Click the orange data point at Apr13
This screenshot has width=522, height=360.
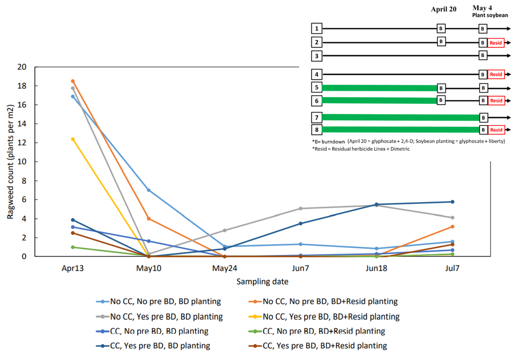73,81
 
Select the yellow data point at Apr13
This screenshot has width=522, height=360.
73,139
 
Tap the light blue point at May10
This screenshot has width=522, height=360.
149,190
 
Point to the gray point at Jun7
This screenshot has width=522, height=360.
300,209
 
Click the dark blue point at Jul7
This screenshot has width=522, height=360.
452,202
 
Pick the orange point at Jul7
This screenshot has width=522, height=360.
452,227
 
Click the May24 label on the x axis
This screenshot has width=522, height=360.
225,268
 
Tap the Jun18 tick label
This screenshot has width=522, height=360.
376,268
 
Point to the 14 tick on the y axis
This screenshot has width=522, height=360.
22,124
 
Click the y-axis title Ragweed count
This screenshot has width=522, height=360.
10,162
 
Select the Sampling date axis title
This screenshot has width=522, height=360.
262,281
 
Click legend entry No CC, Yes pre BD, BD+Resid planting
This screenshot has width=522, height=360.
331,317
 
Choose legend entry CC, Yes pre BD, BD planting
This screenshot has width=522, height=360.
160,346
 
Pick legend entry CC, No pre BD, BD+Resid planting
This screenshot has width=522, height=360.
324,331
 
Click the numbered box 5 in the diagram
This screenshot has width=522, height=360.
316,87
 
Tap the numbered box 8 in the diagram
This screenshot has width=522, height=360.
316,130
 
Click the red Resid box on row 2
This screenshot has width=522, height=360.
496,43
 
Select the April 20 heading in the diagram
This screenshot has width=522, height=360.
443,9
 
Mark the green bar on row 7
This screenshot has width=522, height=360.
400,117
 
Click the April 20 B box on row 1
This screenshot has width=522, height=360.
441,29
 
